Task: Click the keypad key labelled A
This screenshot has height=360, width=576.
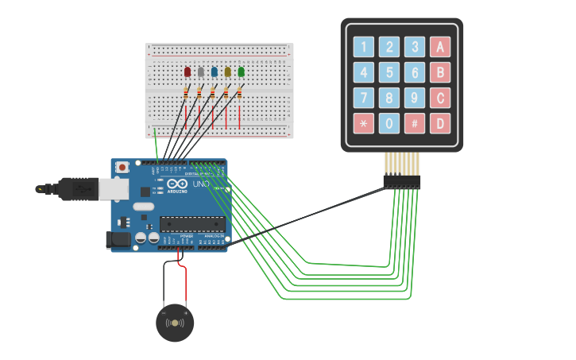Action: click(x=440, y=47)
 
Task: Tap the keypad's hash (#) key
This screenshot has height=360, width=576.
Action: click(x=415, y=123)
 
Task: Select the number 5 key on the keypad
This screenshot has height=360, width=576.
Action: click(x=389, y=72)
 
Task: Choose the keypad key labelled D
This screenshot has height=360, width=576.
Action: click(x=440, y=123)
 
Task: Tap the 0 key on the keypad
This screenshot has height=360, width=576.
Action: click(x=389, y=123)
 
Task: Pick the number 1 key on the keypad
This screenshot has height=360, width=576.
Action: click(x=364, y=47)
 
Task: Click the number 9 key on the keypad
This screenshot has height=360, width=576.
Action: click(x=415, y=98)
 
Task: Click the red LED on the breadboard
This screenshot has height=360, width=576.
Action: click(x=187, y=72)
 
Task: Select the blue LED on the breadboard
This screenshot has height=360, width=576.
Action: click(x=214, y=72)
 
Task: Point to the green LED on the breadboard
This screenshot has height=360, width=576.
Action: click(x=241, y=72)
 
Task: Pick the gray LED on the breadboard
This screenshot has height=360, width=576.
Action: click(x=201, y=72)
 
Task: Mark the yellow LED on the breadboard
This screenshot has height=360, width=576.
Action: click(x=227, y=72)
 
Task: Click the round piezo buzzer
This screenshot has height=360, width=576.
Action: click(x=175, y=323)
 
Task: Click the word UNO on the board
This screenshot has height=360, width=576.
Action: click(x=201, y=184)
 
